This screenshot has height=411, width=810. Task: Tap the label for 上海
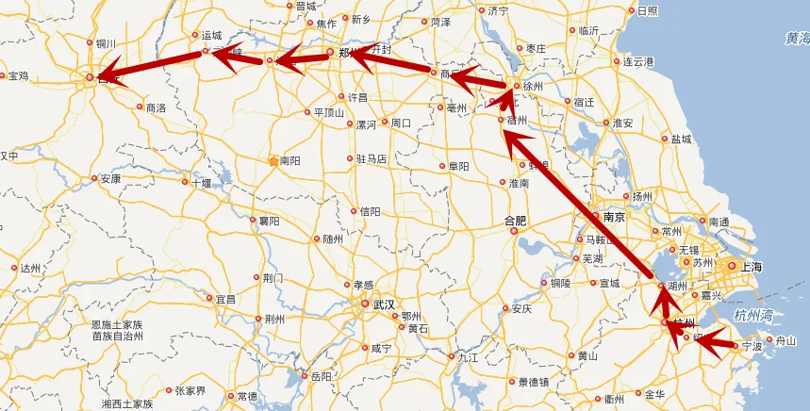click(752, 267)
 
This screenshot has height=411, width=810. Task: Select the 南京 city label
click(614, 217)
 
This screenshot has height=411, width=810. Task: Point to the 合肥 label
click(516, 221)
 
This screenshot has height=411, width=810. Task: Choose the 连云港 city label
click(638, 61)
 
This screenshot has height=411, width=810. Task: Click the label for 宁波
click(752, 346)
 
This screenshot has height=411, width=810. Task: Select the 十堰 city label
click(202, 183)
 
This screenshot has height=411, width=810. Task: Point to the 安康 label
click(110, 178)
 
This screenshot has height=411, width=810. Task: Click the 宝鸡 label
click(18, 75)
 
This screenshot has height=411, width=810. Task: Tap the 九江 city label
click(468, 358)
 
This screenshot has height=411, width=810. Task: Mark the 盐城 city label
click(681, 139)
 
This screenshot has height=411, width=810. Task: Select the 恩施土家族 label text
click(122, 324)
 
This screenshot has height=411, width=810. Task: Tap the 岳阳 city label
click(321, 376)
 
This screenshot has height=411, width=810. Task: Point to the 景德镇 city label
click(534, 382)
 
